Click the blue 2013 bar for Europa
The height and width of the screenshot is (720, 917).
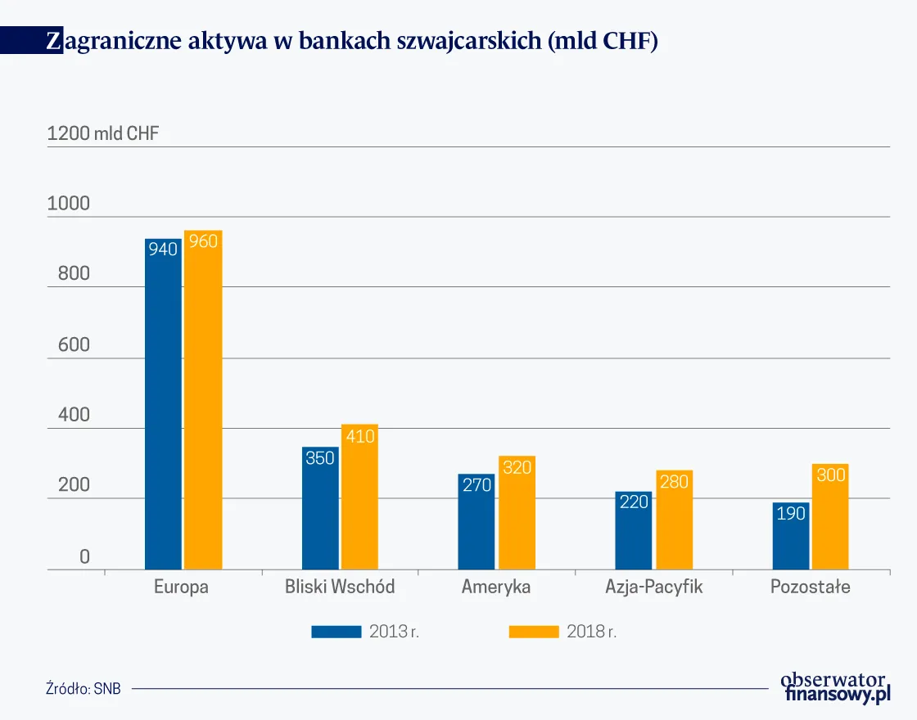163,409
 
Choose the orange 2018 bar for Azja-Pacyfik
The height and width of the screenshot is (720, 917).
674,524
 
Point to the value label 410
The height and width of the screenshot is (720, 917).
359,436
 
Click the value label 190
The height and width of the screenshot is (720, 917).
791,514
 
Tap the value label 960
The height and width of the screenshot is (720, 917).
203,241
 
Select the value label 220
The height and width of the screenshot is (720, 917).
634,502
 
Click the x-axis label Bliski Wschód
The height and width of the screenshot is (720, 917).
340,587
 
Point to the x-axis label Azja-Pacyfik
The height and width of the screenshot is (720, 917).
654,587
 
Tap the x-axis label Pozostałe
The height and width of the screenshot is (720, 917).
811,587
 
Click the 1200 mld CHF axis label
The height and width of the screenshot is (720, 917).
103,134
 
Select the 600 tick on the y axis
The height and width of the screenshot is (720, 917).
74,345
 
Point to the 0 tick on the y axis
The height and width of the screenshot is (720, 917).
84,557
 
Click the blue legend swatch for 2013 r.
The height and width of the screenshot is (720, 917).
336,632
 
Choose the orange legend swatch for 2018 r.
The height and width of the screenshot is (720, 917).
534,632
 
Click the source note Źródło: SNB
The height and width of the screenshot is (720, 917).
84,688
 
